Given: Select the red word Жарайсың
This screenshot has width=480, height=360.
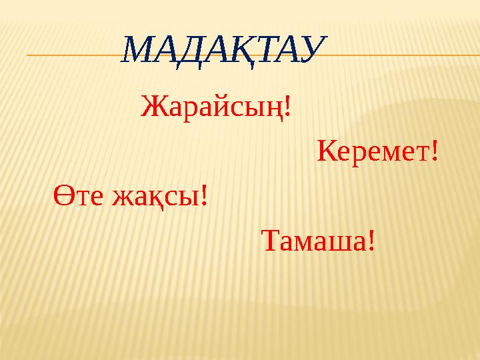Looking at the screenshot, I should [x=213, y=106].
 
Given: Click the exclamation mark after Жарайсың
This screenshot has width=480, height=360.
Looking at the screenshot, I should [x=287, y=105].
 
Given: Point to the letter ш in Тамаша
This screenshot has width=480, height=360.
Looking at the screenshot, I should [x=337, y=243].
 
